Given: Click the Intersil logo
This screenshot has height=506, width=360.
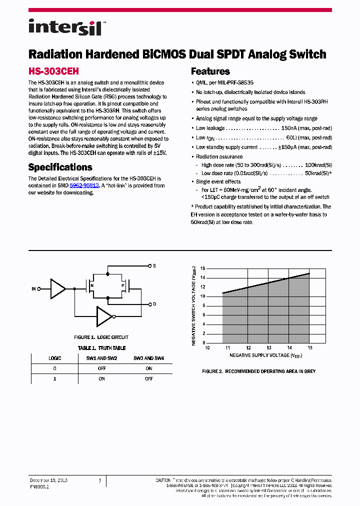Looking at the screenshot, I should pos(65,27).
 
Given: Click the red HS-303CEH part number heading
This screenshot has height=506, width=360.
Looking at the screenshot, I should pos(53,71).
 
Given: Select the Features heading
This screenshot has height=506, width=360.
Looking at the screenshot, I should pos(210,71).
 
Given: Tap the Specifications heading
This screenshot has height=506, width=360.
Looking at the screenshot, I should pos(60,167).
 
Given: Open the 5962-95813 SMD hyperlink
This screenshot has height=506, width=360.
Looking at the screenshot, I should pos(84,185).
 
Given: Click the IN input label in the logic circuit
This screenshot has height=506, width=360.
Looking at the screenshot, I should pos(34,289).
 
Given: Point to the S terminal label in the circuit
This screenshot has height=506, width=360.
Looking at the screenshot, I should pos(154,266).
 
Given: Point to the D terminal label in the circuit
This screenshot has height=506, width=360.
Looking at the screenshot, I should pos(154,304).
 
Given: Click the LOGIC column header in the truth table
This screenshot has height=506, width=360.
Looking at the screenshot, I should pos(54,358).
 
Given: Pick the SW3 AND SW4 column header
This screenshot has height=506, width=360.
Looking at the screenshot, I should pos(148,358).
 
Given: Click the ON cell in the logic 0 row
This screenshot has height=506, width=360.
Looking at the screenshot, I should pos(148,368).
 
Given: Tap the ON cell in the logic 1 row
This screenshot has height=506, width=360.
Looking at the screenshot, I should pos(101,379).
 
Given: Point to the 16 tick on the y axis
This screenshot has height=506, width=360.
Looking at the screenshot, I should pos(202,268).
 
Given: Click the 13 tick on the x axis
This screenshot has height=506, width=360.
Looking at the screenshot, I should pos(268,347).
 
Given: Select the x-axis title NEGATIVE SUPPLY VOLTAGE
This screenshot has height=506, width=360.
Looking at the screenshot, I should pos(266,355).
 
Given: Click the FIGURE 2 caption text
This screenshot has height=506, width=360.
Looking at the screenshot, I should pos(258,371).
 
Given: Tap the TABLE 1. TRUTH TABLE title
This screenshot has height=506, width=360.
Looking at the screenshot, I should pos(101,348).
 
